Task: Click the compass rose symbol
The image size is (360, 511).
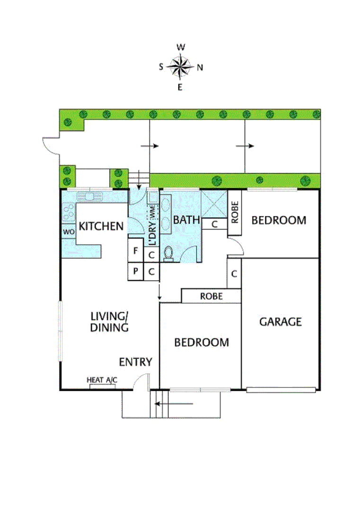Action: [180, 67]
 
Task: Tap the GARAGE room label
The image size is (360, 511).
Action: [280, 322]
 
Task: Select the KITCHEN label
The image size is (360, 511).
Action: [101, 226]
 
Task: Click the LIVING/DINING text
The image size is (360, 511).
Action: [110, 322]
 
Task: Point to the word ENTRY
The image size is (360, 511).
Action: [135, 362]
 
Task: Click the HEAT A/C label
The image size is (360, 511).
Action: [102, 380]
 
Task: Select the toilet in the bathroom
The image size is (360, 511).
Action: [168, 254]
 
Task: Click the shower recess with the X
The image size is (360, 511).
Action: [214, 203]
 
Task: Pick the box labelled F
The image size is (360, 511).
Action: [136, 251]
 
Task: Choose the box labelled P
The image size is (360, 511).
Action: [136, 271]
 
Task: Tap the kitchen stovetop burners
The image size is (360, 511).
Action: [68, 212]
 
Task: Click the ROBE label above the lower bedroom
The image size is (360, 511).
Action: [211, 296]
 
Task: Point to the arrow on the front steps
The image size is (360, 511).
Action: [174, 404]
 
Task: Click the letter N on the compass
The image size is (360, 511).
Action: [200, 67]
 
